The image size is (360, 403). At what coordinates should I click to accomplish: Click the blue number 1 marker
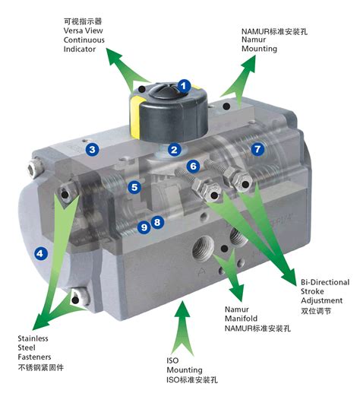click(184, 86)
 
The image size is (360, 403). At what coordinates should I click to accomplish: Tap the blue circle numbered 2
click(175, 149)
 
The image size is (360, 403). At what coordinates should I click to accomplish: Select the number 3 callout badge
click(93, 149)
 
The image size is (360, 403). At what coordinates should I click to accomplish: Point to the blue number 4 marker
click(40, 254)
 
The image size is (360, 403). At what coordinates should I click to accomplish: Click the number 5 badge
click(134, 187)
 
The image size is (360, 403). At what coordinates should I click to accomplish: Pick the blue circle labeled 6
click(194, 166)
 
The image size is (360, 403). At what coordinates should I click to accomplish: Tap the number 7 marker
click(257, 149)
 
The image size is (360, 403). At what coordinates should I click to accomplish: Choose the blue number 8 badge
click(157, 222)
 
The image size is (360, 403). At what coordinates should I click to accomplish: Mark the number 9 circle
click(144, 227)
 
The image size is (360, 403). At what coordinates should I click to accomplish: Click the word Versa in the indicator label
click(73, 30)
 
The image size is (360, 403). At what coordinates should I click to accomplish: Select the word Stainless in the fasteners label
click(33, 338)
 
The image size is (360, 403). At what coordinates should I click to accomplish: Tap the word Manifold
click(241, 319)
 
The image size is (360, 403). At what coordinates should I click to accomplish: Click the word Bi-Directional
click(325, 282)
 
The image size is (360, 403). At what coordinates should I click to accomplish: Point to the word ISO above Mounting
click(172, 360)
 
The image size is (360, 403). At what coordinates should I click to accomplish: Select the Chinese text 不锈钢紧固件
click(40, 367)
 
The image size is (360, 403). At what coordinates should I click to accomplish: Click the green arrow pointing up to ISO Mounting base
click(182, 328)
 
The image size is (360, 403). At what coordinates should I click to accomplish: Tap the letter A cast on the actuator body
click(202, 271)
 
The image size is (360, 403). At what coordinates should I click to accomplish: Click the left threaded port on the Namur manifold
click(204, 248)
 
